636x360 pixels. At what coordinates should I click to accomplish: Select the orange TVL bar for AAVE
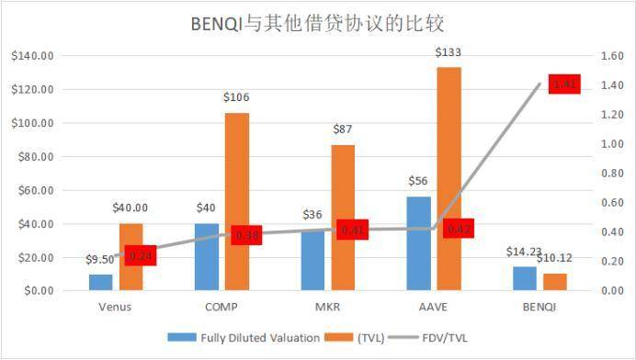(449, 179)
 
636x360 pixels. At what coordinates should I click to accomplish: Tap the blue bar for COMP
(207, 256)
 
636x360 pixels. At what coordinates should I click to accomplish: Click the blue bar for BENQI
(524, 278)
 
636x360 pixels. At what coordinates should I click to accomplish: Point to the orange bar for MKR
(343, 218)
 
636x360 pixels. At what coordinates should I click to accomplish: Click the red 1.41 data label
(562, 84)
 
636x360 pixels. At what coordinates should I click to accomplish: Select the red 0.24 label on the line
(140, 256)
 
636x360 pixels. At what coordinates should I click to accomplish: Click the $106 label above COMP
(237, 96)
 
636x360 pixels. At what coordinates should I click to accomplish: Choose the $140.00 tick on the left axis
(32, 56)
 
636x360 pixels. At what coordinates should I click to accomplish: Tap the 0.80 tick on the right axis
(612, 174)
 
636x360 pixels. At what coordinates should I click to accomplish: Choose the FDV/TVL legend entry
(442, 337)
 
